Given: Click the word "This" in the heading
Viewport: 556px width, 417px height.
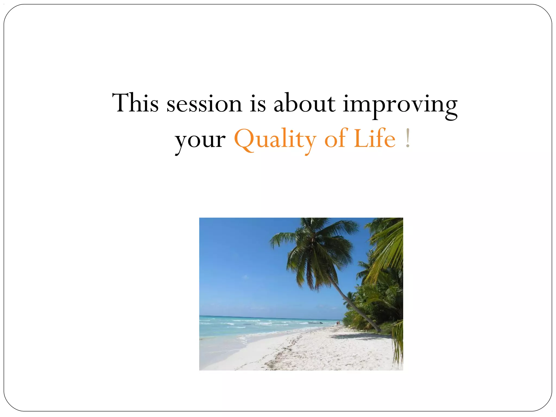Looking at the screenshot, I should coord(135,103).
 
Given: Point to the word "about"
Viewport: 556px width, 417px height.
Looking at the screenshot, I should coord(304,103).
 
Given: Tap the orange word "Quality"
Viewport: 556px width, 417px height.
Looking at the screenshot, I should coord(275,140).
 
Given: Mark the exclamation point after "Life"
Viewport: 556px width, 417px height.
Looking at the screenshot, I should coord(407,138).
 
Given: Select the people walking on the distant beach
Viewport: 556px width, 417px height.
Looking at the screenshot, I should coord(338,323).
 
